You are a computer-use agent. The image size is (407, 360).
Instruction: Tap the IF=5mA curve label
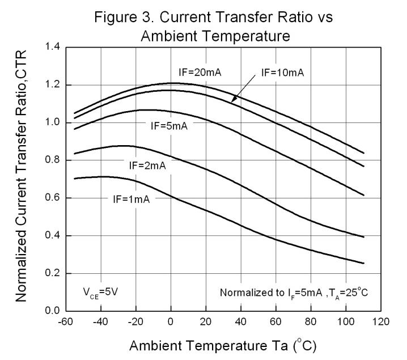(169, 126)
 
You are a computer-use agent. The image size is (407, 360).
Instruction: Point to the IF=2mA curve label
(149, 166)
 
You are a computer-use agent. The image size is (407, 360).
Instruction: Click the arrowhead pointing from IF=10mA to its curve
(232, 101)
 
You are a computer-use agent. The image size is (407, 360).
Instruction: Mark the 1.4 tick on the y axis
(52, 48)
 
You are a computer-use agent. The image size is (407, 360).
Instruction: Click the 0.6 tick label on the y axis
(52, 198)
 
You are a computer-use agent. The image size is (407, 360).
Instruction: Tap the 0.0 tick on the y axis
(52, 311)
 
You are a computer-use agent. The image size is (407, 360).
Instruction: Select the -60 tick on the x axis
(66, 322)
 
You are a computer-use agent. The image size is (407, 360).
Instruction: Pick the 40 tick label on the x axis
(240, 322)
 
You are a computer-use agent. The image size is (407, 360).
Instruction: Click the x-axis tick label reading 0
(171, 322)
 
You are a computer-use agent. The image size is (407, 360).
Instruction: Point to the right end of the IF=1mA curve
(363, 263)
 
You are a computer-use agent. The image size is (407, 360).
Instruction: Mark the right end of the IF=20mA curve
(363, 153)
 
